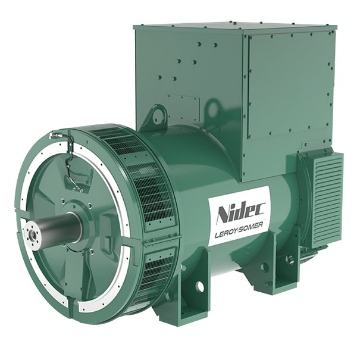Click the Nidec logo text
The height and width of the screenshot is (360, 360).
pos(241,213)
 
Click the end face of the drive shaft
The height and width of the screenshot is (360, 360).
pos(32,234)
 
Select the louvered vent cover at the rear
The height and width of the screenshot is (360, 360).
pos(328,199)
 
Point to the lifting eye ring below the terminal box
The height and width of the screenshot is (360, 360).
pos(158,114)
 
